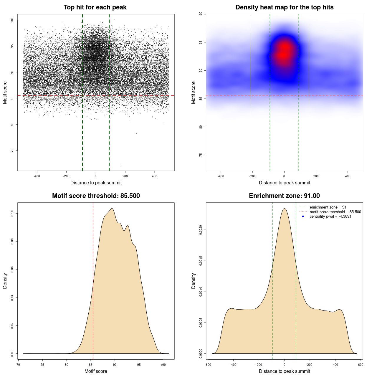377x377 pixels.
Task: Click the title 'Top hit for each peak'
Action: pyautogui.click(x=95, y=7)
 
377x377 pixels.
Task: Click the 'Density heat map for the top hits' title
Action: pyautogui.click(x=284, y=7)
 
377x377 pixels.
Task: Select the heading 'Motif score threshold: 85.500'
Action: pyautogui.click(x=96, y=196)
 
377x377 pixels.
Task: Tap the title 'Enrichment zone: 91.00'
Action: pyautogui.click(x=284, y=196)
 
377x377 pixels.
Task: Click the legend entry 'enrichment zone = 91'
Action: pyautogui.click(x=328, y=207)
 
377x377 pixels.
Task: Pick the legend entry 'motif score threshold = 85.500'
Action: pyautogui.click(x=335, y=212)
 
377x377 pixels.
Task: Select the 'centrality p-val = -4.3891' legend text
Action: pyautogui.click(x=330, y=216)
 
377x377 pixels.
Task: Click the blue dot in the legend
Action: pyautogui.click(x=303, y=216)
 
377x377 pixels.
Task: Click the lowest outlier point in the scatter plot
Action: pyautogui.click(x=122, y=165)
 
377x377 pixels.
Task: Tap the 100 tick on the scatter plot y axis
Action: pyautogui.click(x=12, y=20)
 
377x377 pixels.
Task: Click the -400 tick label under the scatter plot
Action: pyautogui.click(x=37, y=176)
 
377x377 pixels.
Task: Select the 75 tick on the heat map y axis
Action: pyautogui.click(x=201, y=155)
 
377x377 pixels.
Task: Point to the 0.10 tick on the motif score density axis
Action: pyautogui.click(x=12, y=213)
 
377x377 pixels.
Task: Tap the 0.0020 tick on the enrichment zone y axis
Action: pyautogui.click(x=201, y=230)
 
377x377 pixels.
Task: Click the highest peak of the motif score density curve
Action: pyautogui.click(x=112, y=209)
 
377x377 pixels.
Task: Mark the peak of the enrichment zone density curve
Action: pyautogui.click(x=284, y=209)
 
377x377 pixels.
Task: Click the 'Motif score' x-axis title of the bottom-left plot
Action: pyautogui.click(x=96, y=371)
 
